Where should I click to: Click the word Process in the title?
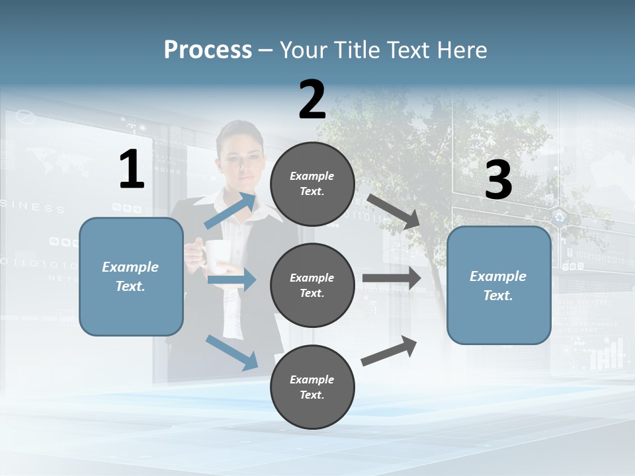208,50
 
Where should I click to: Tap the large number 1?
132,170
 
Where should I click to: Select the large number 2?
312,100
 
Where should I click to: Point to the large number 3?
498,180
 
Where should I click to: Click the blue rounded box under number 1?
131,277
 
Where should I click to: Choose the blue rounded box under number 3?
499,286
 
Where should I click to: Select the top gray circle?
312,184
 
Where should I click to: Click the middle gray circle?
312,285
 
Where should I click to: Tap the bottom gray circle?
312,387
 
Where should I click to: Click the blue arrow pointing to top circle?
230,210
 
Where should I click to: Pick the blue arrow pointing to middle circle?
232,280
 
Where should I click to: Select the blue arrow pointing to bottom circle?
232,352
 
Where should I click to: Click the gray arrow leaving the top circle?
394,212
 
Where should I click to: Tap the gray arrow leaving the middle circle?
392,278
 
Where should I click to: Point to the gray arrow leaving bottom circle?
389,351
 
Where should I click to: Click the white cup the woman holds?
216,255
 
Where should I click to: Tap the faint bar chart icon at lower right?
607,354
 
